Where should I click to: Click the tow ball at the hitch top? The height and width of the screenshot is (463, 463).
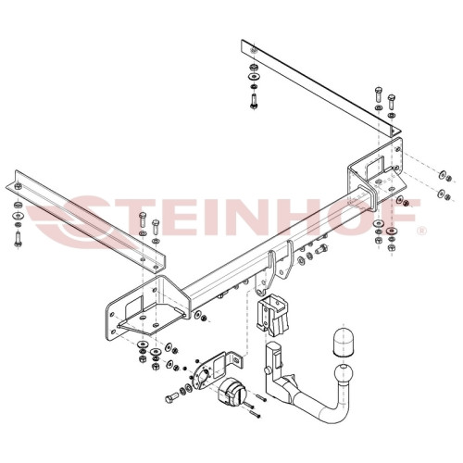click(x=344, y=374)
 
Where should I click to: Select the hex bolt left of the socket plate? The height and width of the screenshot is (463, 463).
click(x=171, y=398)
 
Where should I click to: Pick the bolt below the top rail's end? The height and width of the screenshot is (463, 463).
click(x=254, y=101)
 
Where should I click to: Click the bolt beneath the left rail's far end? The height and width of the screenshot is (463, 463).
click(x=18, y=239)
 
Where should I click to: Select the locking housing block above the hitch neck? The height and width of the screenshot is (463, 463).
click(x=272, y=315)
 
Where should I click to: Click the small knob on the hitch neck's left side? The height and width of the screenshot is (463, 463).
click(x=267, y=369)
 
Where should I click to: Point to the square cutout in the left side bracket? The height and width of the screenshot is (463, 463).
click(x=134, y=307)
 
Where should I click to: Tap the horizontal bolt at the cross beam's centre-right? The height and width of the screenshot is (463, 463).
click(x=322, y=249)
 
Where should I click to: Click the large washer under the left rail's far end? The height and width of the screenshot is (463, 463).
click(x=19, y=215)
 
